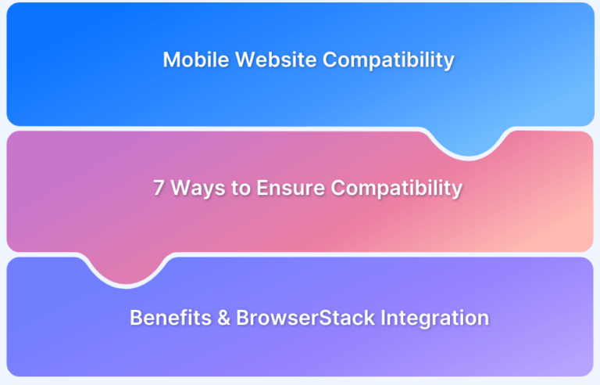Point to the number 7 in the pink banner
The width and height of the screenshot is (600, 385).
[158, 189]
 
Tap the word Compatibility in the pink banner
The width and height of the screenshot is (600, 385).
[396, 189]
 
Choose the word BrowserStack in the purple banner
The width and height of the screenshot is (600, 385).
[294, 318]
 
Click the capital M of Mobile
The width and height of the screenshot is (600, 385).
[170, 60]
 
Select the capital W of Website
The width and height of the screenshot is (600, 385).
[235, 60]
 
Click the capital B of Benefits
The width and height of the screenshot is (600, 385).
[135, 318]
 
